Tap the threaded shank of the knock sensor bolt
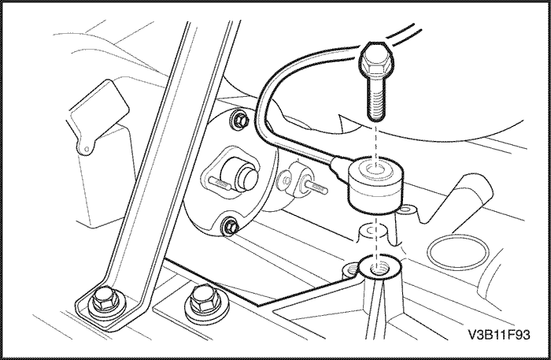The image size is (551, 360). [x=375, y=99]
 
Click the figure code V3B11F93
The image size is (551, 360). [x=499, y=335]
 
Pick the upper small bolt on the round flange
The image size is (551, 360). [x=239, y=120]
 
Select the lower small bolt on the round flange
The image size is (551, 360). [x=230, y=226]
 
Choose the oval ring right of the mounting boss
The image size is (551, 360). [x=458, y=252]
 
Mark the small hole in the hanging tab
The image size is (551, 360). [x=87, y=150]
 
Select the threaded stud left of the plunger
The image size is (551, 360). [x=219, y=183]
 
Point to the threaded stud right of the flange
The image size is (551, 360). [x=316, y=187]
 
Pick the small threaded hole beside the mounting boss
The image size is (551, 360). [x=350, y=269]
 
